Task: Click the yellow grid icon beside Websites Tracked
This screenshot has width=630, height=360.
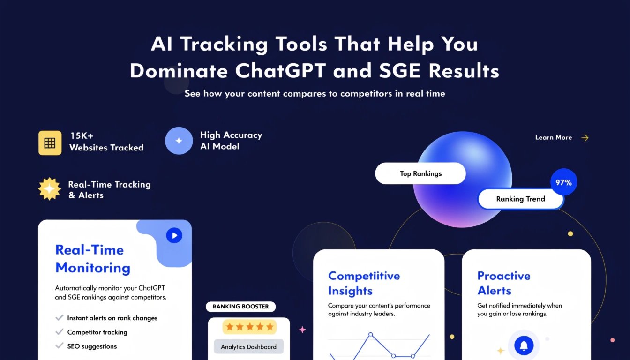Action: tap(50, 142)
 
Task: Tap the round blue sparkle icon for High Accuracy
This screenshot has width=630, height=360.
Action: tap(179, 141)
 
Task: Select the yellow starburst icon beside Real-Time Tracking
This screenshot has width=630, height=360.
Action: tap(50, 189)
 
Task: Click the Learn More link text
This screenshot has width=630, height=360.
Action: tap(553, 138)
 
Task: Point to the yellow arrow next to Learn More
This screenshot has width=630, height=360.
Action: tap(585, 138)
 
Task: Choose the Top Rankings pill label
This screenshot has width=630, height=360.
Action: tap(420, 173)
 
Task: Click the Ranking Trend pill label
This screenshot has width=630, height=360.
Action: tap(520, 199)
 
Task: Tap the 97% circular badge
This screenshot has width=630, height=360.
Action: tap(563, 182)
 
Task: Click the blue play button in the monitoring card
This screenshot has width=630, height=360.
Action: tap(174, 235)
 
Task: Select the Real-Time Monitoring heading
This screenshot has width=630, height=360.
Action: tap(92, 259)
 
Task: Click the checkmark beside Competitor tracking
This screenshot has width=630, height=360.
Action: tap(60, 332)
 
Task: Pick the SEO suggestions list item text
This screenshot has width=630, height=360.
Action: tap(92, 346)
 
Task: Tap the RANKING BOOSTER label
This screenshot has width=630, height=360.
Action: tap(240, 307)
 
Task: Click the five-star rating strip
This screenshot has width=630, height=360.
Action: tap(249, 327)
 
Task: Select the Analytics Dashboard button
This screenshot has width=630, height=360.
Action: tap(248, 347)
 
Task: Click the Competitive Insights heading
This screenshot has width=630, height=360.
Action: tap(364, 283)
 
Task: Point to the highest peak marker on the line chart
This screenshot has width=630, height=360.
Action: tap(370, 335)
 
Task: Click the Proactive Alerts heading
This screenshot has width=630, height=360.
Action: tap(503, 283)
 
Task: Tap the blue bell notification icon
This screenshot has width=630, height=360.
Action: tap(524, 346)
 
